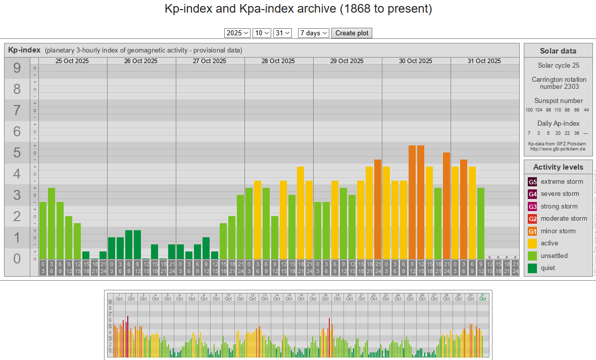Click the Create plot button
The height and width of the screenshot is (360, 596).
tap(352, 33)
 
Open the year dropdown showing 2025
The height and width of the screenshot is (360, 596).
tap(237, 33)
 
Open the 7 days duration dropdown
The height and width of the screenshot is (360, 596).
tap(314, 33)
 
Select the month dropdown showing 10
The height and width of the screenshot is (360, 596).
tap(262, 33)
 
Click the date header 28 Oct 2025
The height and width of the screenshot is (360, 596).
tap(278, 61)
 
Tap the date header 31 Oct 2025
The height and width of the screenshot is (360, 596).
tap(484, 61)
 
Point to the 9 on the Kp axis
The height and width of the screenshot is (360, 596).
tap(17, 68)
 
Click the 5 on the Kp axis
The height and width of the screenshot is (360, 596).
tap(17, 152)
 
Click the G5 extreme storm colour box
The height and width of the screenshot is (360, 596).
tap(532, 182)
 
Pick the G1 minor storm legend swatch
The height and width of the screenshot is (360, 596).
tap(532, 231)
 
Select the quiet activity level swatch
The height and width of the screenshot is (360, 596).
tap(532, 268)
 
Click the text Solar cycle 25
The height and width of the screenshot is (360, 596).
tap(558, 66)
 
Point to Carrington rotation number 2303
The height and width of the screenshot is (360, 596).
tap(558, 83)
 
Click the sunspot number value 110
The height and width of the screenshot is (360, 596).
tap(558, 110)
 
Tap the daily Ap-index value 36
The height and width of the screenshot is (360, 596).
tap(576, 133)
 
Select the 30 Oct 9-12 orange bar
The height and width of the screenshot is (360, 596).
tap(412, 202)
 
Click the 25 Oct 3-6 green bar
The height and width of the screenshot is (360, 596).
tap(52, 223)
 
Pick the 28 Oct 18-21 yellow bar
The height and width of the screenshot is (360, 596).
tap(301, 213)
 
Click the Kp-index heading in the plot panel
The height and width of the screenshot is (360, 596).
tap(24, 50)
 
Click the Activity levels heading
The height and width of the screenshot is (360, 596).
tap(558, 167)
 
